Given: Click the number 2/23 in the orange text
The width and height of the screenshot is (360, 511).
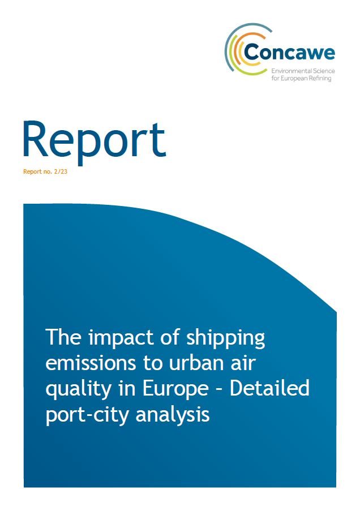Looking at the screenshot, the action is coord(59,171).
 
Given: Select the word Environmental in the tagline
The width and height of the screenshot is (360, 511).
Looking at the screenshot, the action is coord(287,71).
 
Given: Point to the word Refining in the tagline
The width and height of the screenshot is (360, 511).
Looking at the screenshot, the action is coord(322,79).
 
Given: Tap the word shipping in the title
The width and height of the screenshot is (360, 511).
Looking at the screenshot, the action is coord(225,338).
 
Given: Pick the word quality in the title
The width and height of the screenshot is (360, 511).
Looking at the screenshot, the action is coord(78,389).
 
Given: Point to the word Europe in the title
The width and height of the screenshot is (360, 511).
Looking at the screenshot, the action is coord(175,389).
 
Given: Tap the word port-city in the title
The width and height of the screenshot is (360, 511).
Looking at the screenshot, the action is coord(87,415).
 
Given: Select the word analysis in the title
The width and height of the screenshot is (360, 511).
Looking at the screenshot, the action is coord(172,415).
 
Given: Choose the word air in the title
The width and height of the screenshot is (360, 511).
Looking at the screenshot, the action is coord(243,363).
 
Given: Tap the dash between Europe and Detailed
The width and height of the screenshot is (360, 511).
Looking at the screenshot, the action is coord(220,390).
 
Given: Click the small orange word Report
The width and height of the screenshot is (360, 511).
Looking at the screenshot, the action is coord(32,171).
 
